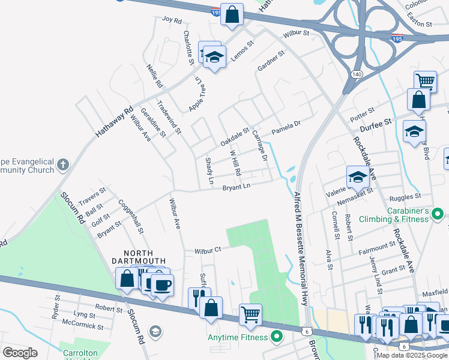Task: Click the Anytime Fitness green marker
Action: [277, 337]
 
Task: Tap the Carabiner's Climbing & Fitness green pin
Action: [438, 213]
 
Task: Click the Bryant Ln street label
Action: [236, 187]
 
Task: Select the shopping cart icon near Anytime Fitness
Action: [250, 313]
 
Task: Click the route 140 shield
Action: [357, 74]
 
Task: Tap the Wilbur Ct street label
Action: [208, 249]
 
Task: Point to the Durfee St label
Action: [376, 122]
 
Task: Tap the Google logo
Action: [20, 352]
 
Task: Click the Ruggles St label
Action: [405, 196]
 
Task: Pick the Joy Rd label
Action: [172, 20]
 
